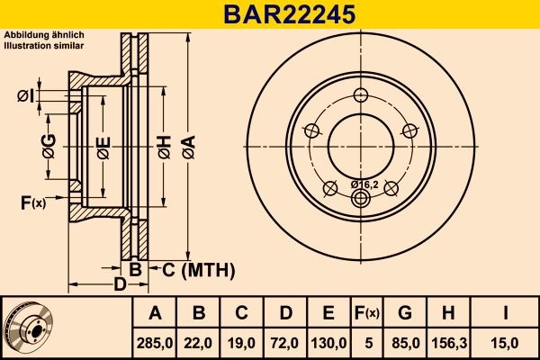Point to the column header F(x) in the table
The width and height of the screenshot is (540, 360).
[367, 312]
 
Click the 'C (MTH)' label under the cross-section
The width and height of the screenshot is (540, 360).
[198, 269]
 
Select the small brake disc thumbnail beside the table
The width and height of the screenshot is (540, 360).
[29, 327]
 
